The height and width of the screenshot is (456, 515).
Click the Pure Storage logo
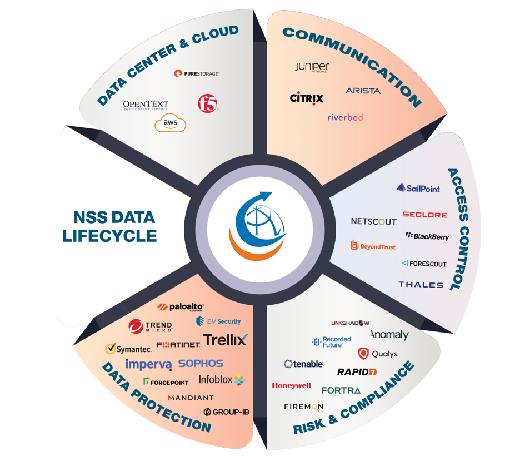(196, 73)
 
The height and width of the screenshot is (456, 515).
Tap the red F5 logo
(208, 103)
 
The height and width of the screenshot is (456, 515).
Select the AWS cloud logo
(170, 123)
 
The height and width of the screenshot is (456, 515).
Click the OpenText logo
(146, 105)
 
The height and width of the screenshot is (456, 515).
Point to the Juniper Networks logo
(312, 67)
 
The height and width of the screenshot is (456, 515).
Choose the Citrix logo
(307, 98)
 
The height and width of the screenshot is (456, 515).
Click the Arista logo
(363, 91)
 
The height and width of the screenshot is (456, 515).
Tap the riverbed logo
(345, 117)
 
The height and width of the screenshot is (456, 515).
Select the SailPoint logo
(418, 189)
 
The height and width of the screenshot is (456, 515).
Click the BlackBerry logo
(427, 236)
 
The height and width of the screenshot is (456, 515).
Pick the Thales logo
(421, 285)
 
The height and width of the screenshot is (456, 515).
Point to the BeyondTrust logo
(373, 245)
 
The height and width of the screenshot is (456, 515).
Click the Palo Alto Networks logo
(181, 307)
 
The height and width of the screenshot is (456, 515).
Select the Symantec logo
(128, 349)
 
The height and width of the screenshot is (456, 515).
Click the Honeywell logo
(291, 385)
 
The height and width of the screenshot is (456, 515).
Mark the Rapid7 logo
(357, 372)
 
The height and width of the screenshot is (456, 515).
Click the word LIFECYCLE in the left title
(109, 236)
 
